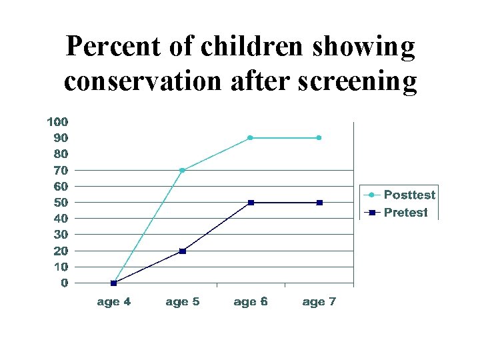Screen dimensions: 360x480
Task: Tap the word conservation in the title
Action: tap(141, 81)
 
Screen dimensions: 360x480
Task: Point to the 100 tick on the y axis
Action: tap(57, 122)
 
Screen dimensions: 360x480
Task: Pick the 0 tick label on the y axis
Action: tap(64, 283)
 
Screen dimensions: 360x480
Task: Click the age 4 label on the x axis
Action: tap(114, 302)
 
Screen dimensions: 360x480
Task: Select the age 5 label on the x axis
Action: tap(182, 302)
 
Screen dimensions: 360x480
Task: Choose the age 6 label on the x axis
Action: tap(251, 302)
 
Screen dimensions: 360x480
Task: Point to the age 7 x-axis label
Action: tap(319, 302)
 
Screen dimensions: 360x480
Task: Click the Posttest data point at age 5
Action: tap(182, 170)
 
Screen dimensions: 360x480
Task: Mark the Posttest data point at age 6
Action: tap(250, 138)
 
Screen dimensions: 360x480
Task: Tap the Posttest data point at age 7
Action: tap(319, 138)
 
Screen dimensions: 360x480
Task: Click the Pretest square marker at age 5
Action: tap(182, 251)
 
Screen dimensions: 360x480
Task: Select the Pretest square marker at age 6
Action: tap(251, 202)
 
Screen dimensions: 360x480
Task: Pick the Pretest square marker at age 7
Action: tap(319, 202)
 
